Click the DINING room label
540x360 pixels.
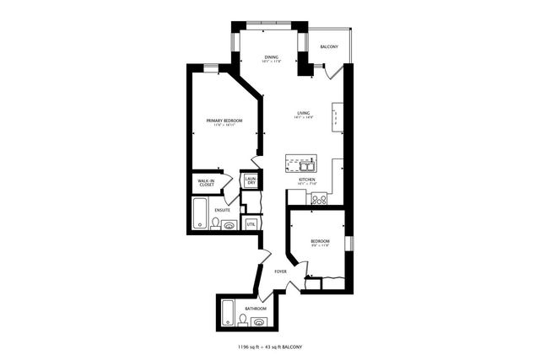pos(270,57)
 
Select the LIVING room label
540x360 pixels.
pos(304,113)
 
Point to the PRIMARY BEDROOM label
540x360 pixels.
pos(224,121)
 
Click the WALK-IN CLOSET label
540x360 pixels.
pos(206,181)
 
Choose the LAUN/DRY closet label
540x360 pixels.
pos(250,180)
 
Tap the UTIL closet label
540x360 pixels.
pos(251,223)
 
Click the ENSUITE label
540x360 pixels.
pos(222,209)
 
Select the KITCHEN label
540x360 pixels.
pos(307,180)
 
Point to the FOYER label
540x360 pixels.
pos(281,271)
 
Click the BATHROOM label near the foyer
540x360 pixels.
pos(256,309)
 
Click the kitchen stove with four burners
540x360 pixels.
pos(319,199)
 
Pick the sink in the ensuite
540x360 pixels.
pos(230,225)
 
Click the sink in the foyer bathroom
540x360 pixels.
pos(258,321)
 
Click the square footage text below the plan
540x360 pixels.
pos(269,347)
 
